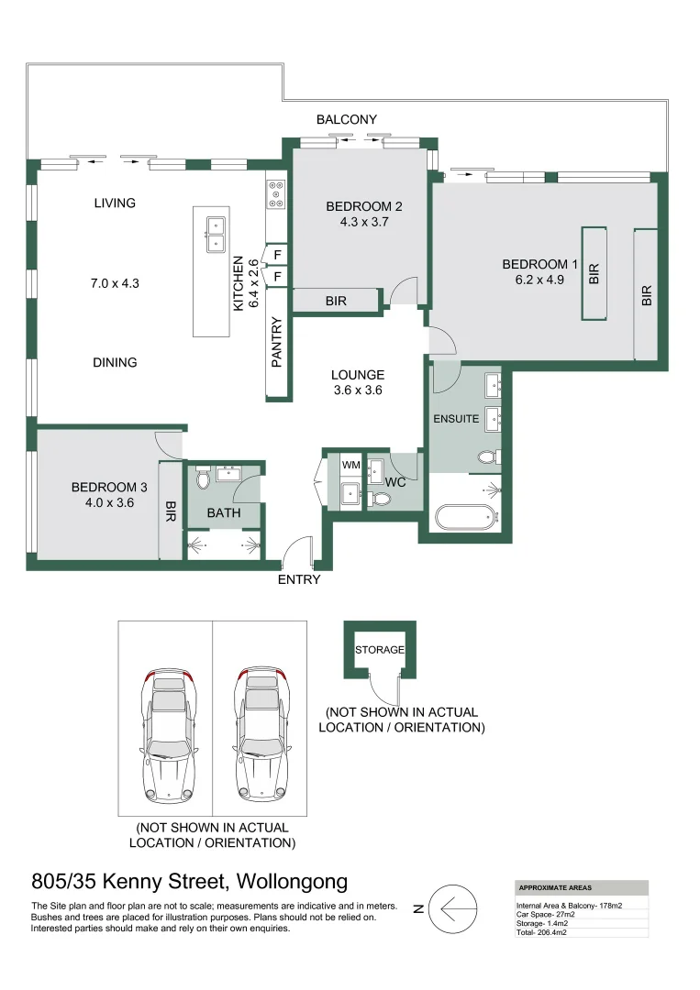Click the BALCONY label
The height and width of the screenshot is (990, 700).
click(x=347, y=120)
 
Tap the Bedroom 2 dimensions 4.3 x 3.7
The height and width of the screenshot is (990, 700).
click(x=363, y=223)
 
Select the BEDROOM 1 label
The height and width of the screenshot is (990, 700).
click(x=539, y=265)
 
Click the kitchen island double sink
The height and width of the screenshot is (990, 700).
click(x=215, y=234)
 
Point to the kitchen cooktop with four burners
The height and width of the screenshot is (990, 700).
click(x=275, y=194)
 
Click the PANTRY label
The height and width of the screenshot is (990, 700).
click(x=278, y=343)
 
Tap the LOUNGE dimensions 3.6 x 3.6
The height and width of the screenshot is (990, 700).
click(x=358, y=390)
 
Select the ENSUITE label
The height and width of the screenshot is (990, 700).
click(x=456, y=419)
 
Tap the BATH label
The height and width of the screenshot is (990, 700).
click(x=223, y=513)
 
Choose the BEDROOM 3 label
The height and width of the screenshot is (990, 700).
click(x=109, y=487)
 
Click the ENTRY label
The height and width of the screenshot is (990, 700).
click(x=299, y=579)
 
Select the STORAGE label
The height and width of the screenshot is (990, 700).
click(x=380, y=649)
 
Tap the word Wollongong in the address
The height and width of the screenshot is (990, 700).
click(x=293, y=882)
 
